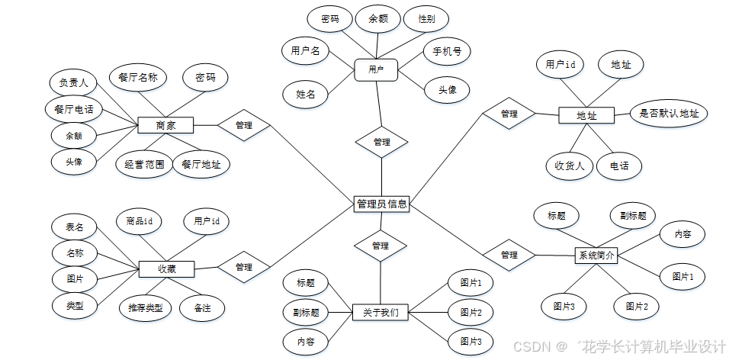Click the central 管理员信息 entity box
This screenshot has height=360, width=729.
[382, 204]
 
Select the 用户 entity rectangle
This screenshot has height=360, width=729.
[376, 70]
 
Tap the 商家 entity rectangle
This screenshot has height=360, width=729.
[165, 125]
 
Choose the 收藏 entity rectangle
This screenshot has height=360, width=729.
[166, 268]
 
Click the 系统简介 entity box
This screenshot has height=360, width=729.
[595, 256]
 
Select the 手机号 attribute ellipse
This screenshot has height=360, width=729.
[447, 52]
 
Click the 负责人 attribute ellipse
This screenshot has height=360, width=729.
[74, 82]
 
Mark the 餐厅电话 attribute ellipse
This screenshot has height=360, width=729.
[74, 109]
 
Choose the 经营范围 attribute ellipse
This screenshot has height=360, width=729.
[144, 164]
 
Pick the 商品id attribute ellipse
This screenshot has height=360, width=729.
[140, 221]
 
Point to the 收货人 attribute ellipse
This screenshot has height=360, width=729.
[570, 165]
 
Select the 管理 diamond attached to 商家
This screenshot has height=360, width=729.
[244, 125]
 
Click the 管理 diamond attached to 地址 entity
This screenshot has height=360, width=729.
[509, 114]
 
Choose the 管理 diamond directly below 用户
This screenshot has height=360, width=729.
[381, 142]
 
